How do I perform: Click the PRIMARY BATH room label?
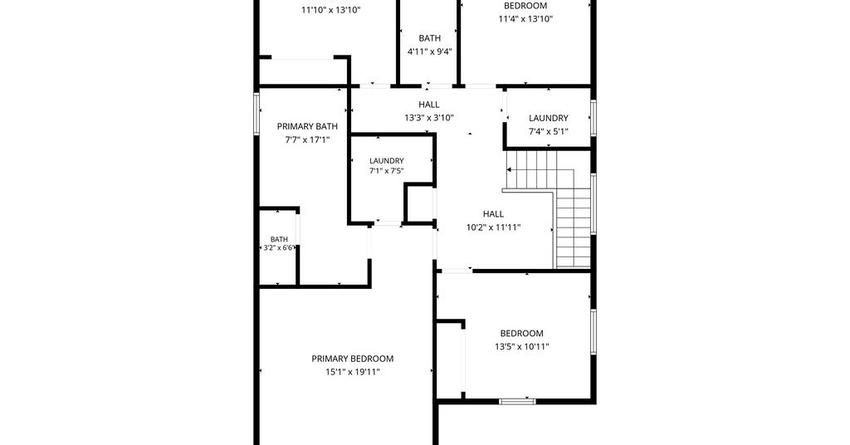pyautogui.click(x=307, y=126)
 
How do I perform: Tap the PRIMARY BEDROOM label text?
pyautogui.click(x=352, y=359)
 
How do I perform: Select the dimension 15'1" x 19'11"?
pyautogui.click(x=352, y=372)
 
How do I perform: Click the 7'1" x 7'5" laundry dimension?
pyautogui.click(x=387, y=171)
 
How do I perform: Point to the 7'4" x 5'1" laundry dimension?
pyautogui.click(x=549, y=131)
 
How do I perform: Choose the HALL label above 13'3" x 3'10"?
pyautogui.click(x=429, y=105)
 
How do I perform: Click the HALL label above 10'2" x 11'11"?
pyautogui.click(x=493, y=214)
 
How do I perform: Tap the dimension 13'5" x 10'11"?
pyautogui.click(x=522, y=347)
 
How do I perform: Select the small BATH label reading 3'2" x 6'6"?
pyautogui.click(x=279, y=243)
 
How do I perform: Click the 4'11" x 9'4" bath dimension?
pyautogui.click(x=430, y=51)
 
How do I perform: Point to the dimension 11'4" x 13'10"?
pyautogui.click(x=525, y=19)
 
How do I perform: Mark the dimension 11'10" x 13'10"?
pyautogui.click(x=330, y=10)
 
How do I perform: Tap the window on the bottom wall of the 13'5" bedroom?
pyautogui.click(x=517, y=402)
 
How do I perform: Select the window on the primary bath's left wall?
pyautogui.click(x=257, y=113)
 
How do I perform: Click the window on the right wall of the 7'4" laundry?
pyautogui.click(x=594, y=118)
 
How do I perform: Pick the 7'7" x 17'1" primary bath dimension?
pyautogui.click(x=307, y=139)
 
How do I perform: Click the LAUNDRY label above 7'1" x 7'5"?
pyautogui.click(x=387, y=161)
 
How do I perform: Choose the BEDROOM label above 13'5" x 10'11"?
pyautogui.click(x=521, y=334)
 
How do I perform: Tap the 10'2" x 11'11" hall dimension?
pyautogui.click(x=493, y=227)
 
